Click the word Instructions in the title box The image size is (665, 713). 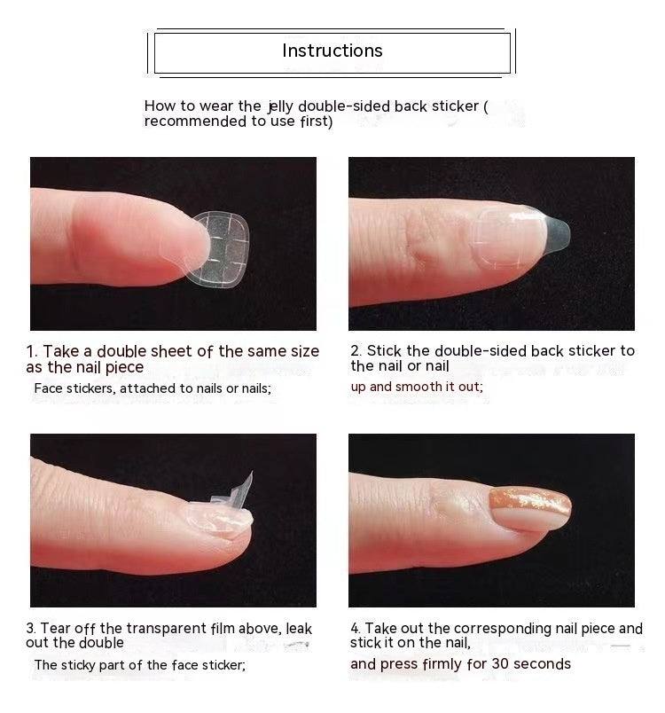(x=332, y=51)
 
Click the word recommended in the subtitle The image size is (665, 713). (x=194, y=121)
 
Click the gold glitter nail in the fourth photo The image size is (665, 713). (x=530, y=508)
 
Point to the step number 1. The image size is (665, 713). (x=31, y=352)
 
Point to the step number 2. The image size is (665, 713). (x=355, y=351)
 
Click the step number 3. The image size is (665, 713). (x=31, y=629)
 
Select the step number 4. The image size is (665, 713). (x=355, y=629)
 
